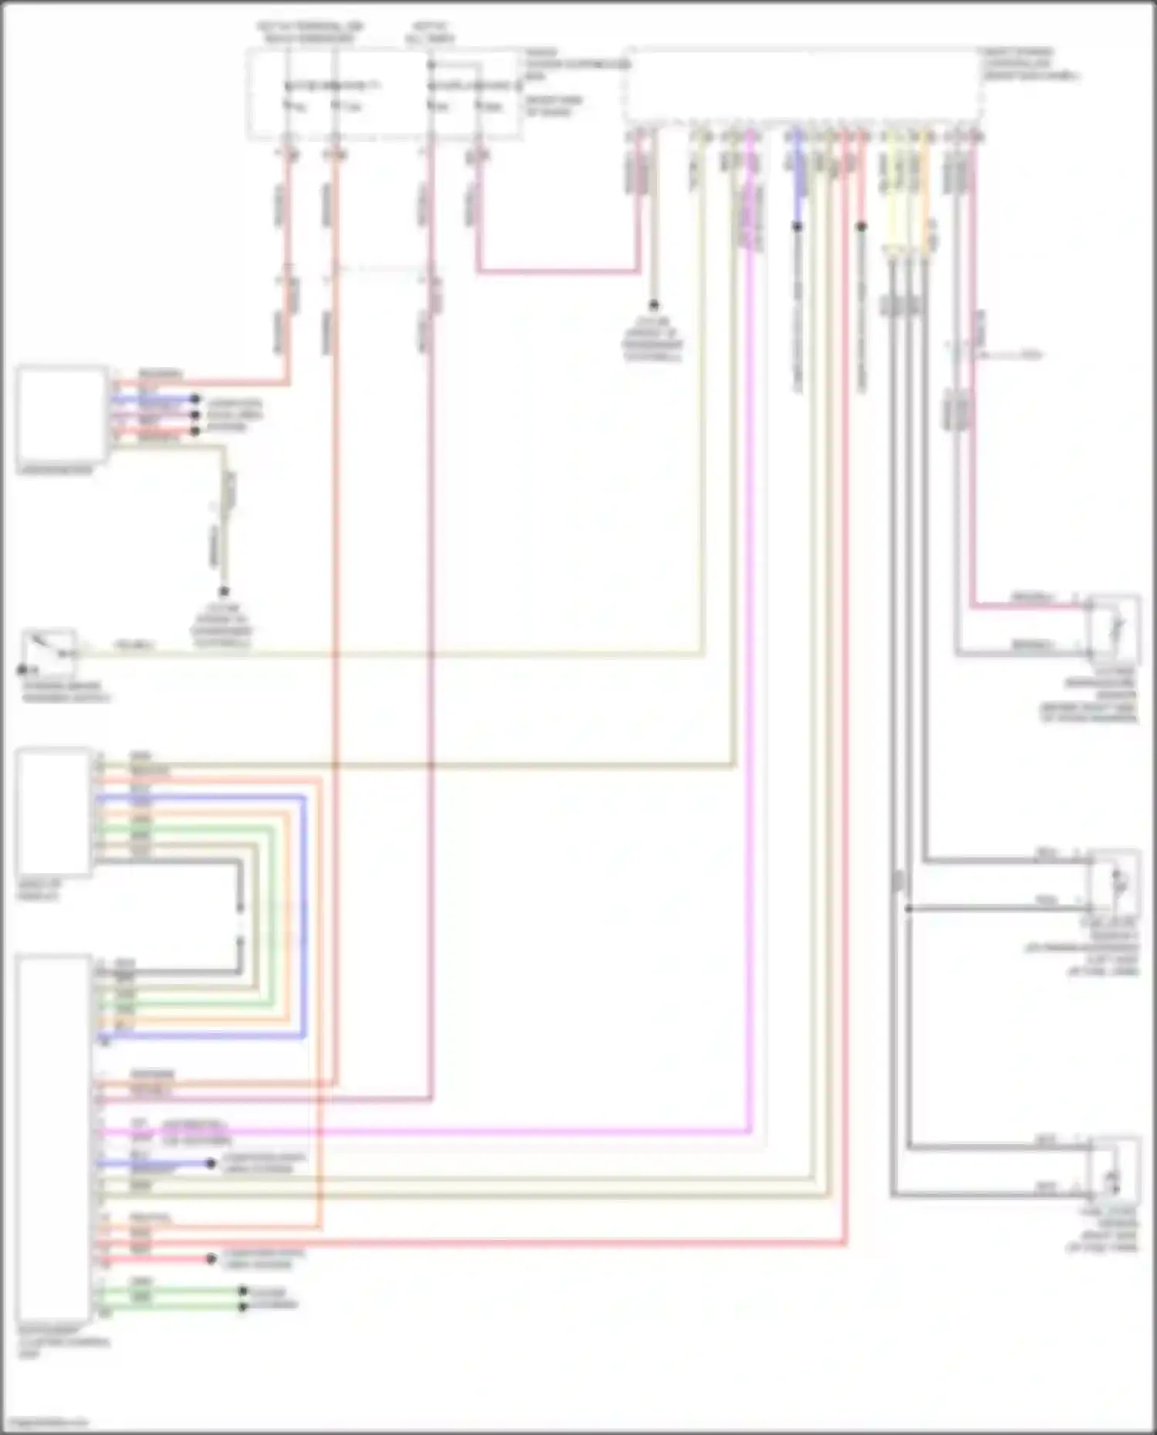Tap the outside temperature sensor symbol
click(x=1114, y=628)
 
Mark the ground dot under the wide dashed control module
click(x=653, y=305)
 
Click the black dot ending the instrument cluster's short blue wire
click(x=211, y=1163)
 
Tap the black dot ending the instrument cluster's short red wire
click(x=211, y=1259)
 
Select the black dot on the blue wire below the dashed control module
click(x=798, y=227)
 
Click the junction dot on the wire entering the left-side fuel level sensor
click(x=909, y=908)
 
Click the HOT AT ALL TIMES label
click(x=430, y=32)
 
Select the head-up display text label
click(x=39, y=891)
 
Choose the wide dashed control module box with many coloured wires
click(x=802, y=85)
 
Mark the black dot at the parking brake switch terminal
click(x=23, y=670)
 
